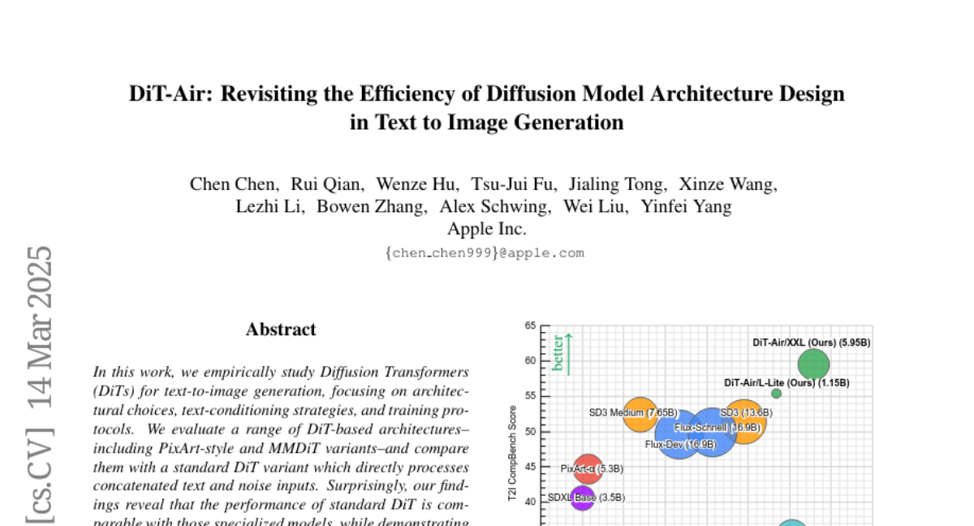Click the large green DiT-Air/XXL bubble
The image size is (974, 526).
coord(813,364)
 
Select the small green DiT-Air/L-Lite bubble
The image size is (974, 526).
coord(776,394)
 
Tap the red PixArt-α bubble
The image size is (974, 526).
coord(588,468)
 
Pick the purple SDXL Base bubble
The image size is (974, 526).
coord(582,497)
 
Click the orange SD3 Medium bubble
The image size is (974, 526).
coord(640,414)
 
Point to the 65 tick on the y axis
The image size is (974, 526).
coord(530,326)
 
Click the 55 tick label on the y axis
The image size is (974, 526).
coord(530,396)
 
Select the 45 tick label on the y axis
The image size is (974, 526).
coord(530,467)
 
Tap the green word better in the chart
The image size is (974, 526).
coord(558,354)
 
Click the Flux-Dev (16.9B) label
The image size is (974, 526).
coord(680,445)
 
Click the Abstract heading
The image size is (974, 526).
coord(281,330)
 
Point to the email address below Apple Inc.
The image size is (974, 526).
coord(485,252)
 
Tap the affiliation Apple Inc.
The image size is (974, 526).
coord(487,229)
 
